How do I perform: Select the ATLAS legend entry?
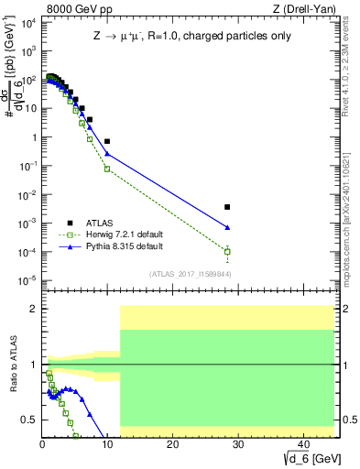click(x=104, y=223)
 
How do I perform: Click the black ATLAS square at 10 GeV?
click(x=107, y=142)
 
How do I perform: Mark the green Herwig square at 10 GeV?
click(x=107, y=169)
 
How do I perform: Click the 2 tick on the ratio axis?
click(x=35, y=309)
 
